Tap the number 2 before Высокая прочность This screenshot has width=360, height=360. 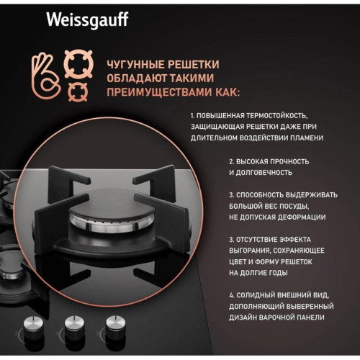point(231,161)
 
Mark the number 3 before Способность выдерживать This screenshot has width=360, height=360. point(231,194)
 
